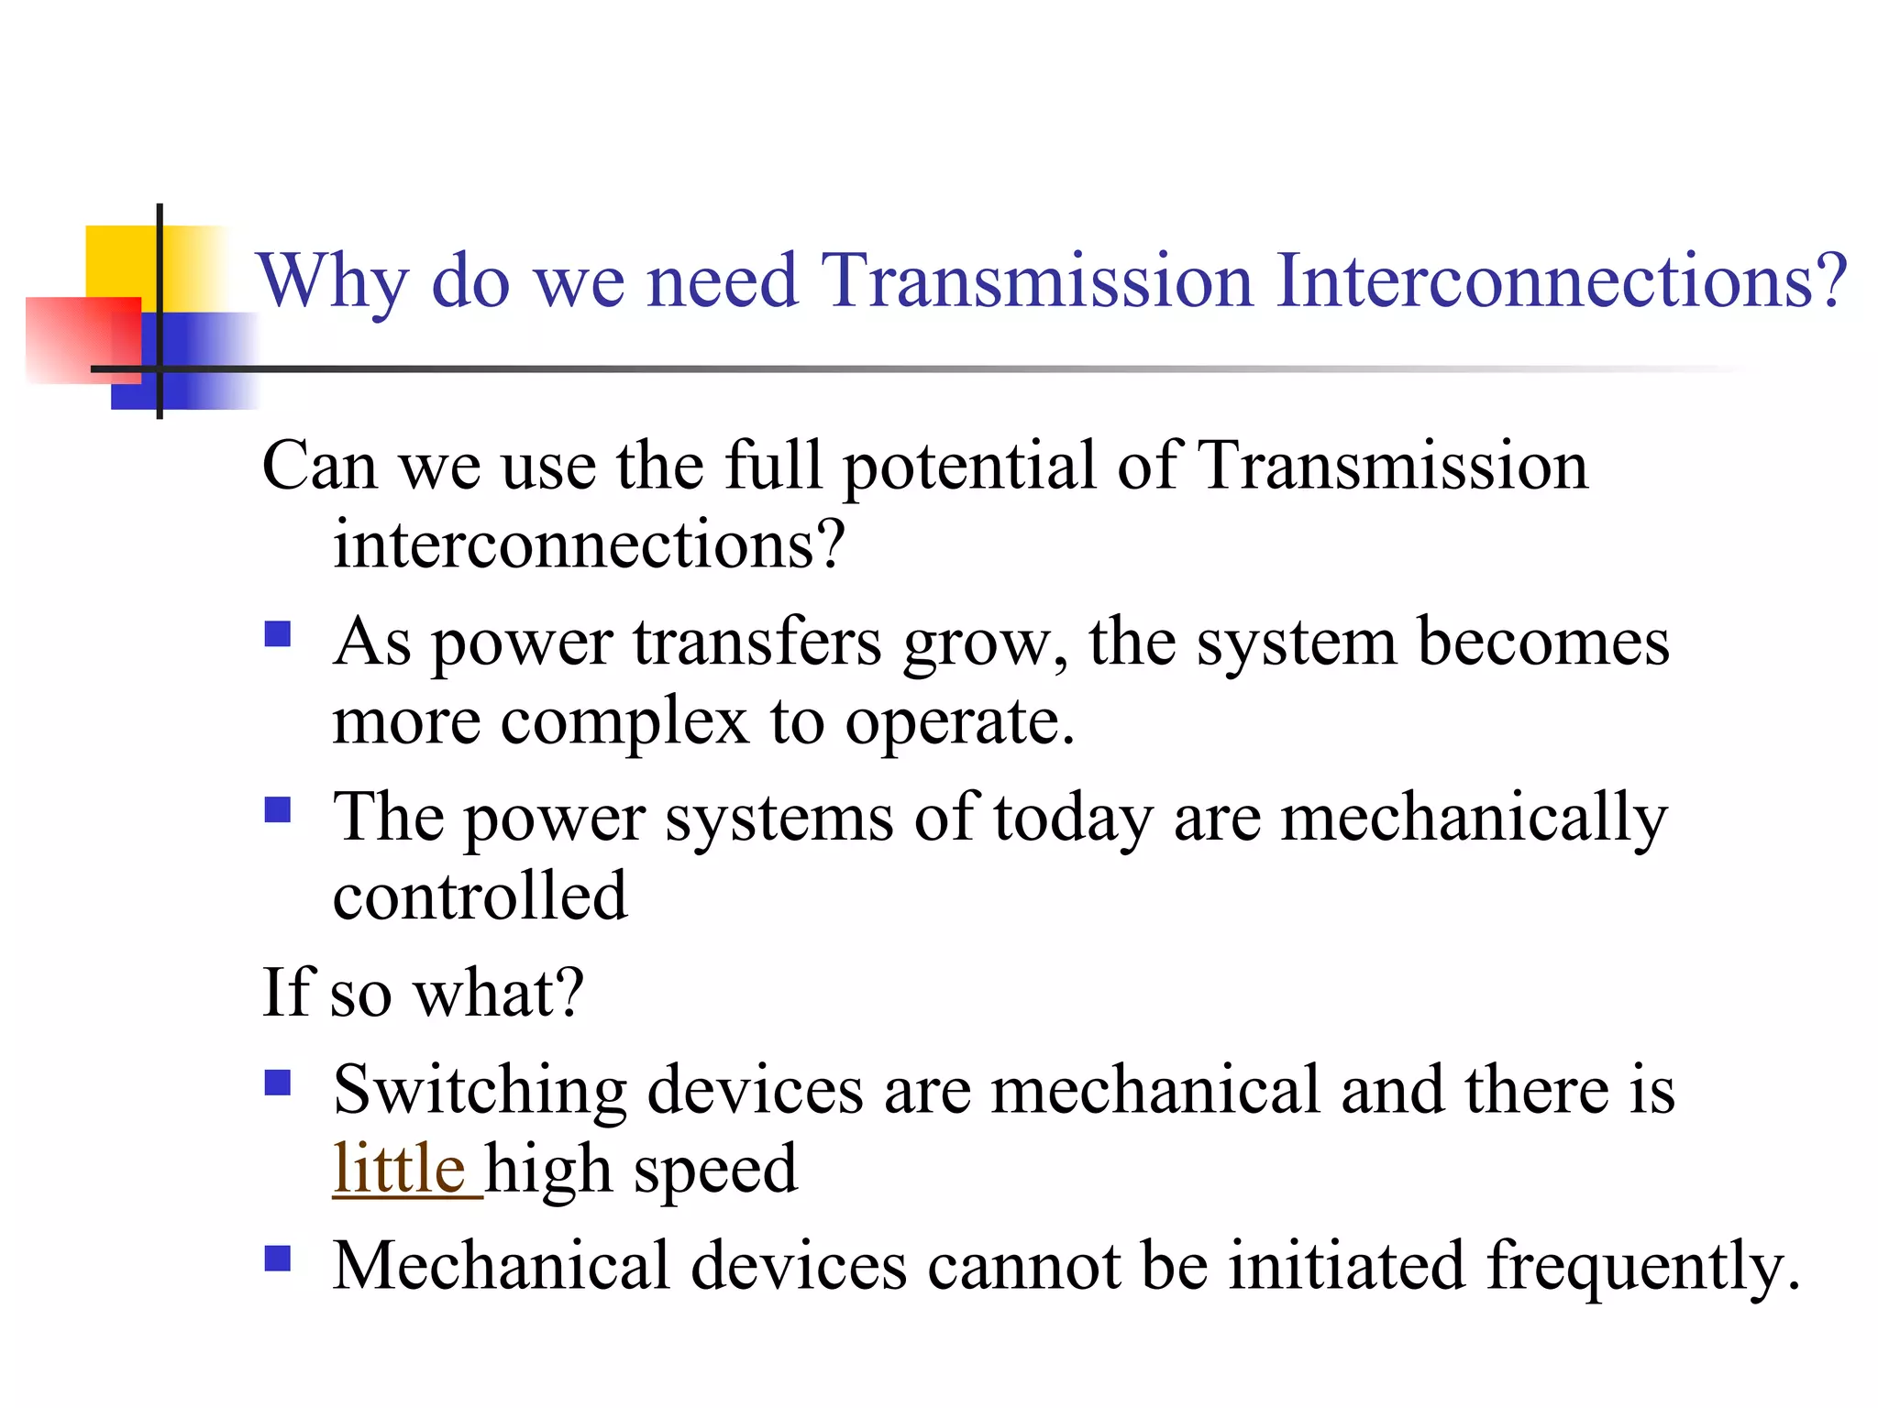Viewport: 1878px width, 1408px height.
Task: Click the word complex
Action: (624, 722)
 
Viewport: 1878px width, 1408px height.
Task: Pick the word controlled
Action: (480, 896)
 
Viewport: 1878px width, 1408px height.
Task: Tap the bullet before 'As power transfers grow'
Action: (277, 634)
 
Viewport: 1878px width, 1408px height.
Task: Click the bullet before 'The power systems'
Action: (277, 810)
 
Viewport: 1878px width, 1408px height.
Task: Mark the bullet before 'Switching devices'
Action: (277, 1083)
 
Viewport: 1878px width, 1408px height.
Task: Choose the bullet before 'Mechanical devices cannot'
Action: (277, 1259)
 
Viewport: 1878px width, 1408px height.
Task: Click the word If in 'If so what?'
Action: (287, 993)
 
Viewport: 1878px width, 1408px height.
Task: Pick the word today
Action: (1072, 819)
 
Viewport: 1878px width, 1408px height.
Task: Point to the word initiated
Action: (1347, 1266)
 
